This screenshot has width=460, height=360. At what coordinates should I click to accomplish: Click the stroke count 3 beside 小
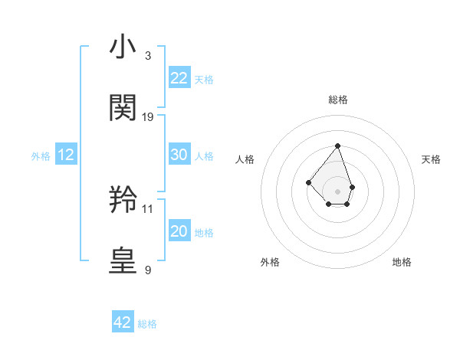pos(147,56)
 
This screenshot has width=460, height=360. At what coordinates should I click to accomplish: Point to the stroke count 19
pos(148,116)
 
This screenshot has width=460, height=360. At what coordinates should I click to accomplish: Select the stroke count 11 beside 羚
pos(148,208)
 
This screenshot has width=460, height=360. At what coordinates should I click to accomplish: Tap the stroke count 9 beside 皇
pos(147,270)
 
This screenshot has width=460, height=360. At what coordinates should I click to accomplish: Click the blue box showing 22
pos(179,78)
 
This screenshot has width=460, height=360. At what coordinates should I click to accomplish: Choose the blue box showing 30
pos(179,155)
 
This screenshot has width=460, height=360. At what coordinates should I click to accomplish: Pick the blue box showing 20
pos(179,231)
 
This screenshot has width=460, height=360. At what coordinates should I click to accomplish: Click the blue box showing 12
pos(66,155)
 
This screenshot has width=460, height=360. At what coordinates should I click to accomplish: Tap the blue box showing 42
pos(123,322)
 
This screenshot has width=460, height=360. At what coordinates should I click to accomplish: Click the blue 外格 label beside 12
pos(41,156)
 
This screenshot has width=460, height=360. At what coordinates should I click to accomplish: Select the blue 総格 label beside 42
pos(147,324)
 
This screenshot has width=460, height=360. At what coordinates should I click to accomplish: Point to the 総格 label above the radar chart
pos(338,100)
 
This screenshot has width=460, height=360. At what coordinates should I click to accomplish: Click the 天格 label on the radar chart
pos(431,159)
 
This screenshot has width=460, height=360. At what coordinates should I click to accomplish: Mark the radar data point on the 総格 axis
pos(337,146)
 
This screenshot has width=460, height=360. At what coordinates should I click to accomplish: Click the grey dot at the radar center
pos(337,191)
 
